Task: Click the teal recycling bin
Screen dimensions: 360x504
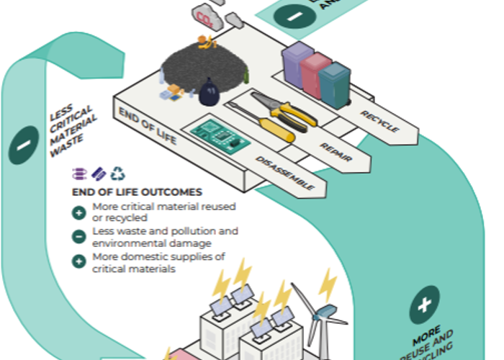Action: (x=334, y=82)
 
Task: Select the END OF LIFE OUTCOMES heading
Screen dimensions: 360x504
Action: (x=137, y=192)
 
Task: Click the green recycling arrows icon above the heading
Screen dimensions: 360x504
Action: (x=117, y=174)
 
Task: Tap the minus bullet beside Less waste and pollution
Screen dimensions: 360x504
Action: (x=78, y=235)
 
